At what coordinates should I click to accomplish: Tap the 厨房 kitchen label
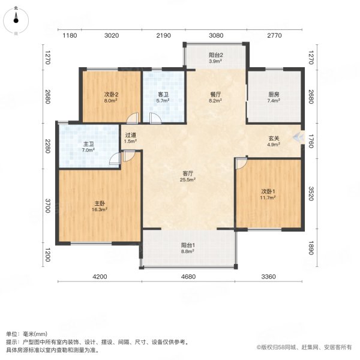275,94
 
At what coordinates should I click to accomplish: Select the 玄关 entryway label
274,138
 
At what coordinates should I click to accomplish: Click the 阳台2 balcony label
215,54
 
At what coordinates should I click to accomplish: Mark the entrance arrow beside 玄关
297,136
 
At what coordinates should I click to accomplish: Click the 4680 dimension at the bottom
188,276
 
